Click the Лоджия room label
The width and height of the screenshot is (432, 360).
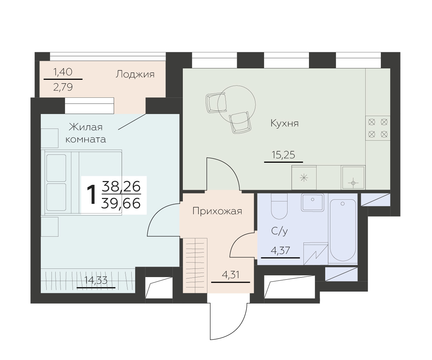pyautogui.click(x=135, y=74)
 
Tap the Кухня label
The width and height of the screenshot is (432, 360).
pyautogui.click(x=284, y=124)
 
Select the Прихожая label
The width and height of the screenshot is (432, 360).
pyautogui.click(x=217, y=211)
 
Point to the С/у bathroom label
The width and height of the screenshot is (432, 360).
pyautogui.click(x=280, y=231)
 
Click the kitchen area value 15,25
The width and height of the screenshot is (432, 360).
pyautogui.click(x=283, y=155)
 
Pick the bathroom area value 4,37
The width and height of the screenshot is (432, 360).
pyautogui.click(x=280, y=251)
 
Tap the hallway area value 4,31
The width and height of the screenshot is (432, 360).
pyautogui.click(x=231, y=275)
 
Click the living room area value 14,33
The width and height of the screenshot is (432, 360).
pyautogui.click(x=96, y=281)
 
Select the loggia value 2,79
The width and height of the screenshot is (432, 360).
pyautogui.click(x=63, y=87)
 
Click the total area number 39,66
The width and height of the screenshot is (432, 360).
pyautogui.click(x=121, y=203)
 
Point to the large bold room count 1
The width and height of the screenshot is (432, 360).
pyautogui.click(x=91, y=195)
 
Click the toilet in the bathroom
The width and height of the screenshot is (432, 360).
pyautogui.click(x=279, y=206)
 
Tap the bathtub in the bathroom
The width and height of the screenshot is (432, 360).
pyautogui.click(x=343, y=230)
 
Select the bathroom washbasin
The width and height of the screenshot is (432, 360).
pyautogui.click(x=313, y=202)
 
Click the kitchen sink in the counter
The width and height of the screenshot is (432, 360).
pyautogui.click(x=353, y=178)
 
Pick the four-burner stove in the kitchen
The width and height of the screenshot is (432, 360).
pyautogui.click(x=378, y=128)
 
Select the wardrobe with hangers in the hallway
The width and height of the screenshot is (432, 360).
pyautogui.click(x=195, y=265)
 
